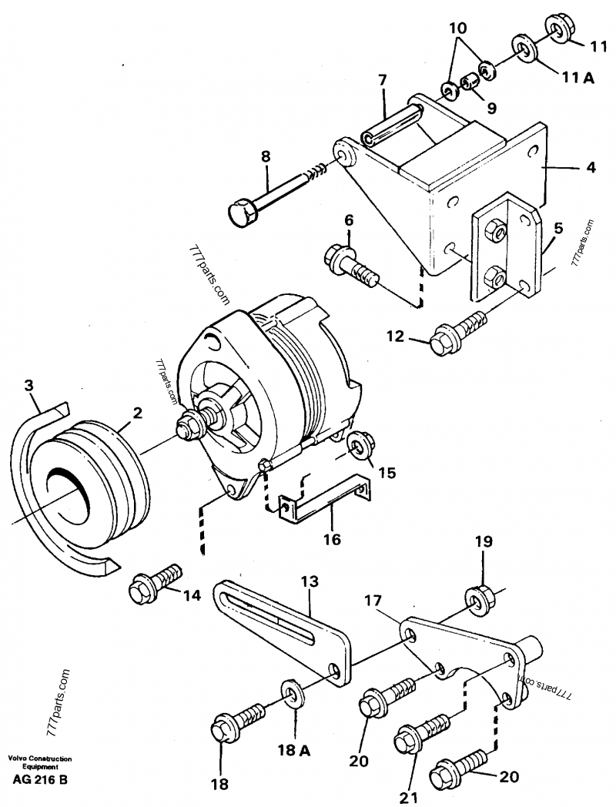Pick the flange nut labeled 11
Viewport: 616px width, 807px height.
coord(560,28)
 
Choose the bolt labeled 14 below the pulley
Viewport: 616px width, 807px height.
coord(155,584)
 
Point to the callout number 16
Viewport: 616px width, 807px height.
coord(331,539)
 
